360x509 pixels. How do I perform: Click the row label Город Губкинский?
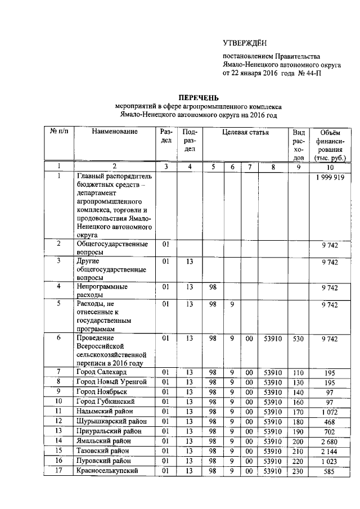[106, 402]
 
